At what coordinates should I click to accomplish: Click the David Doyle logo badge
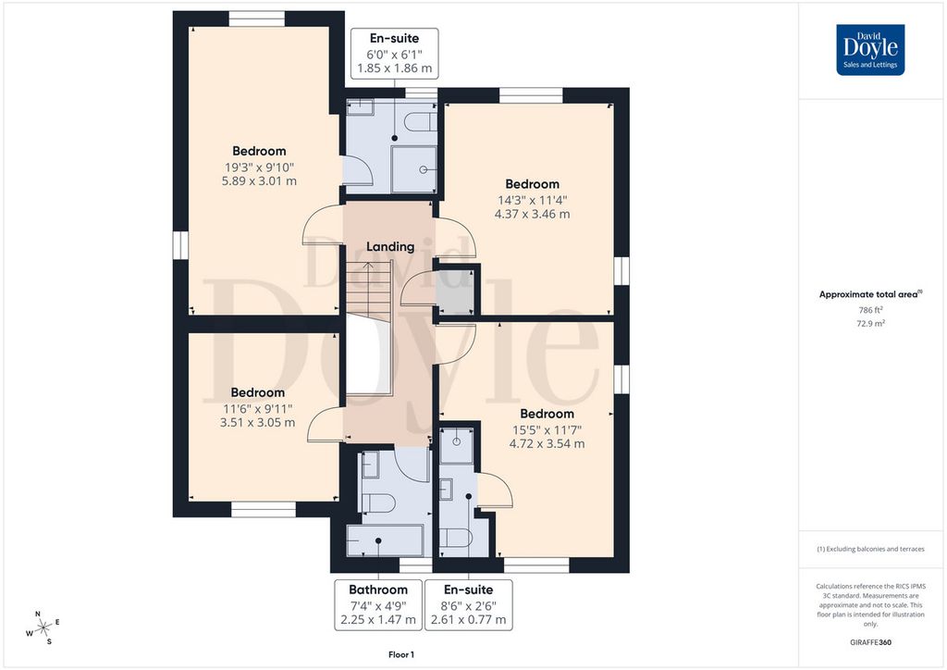point(870,50)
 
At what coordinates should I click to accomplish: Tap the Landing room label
point(390,246)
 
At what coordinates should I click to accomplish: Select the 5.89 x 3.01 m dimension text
point(259,180)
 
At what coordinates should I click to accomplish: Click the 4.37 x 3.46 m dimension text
point(532,214)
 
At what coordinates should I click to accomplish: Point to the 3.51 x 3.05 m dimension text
point(257,422)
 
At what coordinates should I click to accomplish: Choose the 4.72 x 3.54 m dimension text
point(547,443)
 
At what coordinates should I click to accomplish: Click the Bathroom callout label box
point(378,604)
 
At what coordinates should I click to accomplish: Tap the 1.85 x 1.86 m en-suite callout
point(394,53)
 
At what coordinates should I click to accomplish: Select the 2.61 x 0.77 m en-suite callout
point(469,604)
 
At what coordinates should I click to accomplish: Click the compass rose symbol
point(43,629)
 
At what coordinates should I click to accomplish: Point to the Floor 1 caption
point(401,654)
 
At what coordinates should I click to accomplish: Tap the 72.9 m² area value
point(870,323)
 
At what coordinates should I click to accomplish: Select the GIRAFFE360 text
point(870,642)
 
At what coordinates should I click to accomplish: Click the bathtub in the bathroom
point(384,540)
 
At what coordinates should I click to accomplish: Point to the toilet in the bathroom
point(378,502)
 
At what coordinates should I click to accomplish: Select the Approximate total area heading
point(870,294)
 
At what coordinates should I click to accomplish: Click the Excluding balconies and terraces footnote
point(870,549)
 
